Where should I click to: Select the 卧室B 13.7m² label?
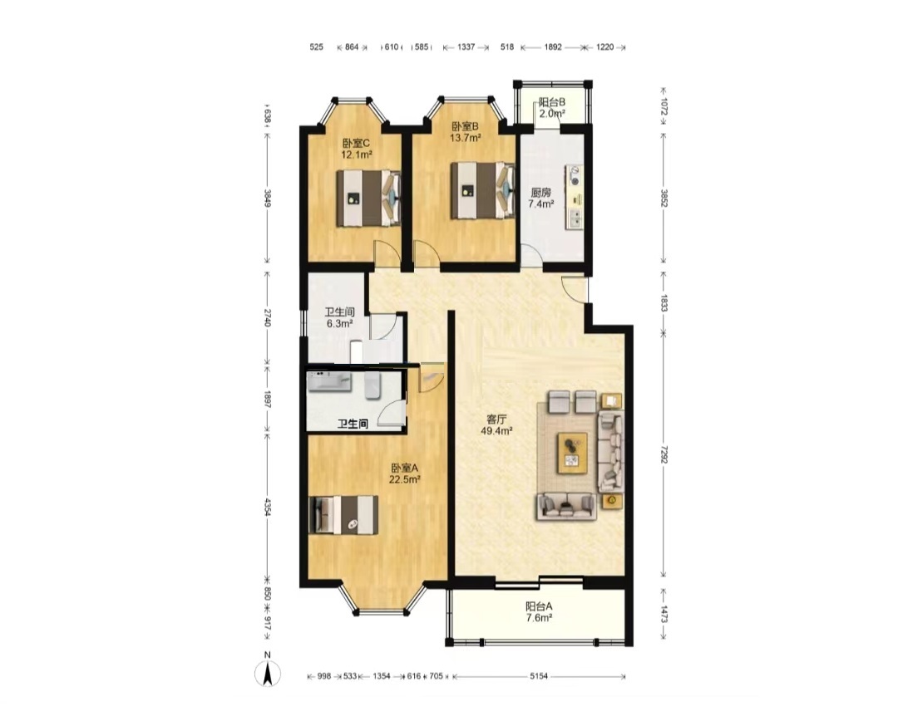tap(465, 131)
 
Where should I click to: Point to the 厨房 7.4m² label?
tap(540, 198)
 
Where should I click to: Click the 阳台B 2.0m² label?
tap(552, 107)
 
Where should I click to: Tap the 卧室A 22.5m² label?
tap(405, 473)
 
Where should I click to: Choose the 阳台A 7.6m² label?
tap(539, 612)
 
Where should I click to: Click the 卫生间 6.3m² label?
tap(339, 317)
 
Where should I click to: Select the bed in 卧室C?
tap(368, 199)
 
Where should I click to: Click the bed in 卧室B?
tap(482, 191)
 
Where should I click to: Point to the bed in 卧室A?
tap(343, 515)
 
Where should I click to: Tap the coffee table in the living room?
tap(572, 453)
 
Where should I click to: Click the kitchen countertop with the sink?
tap(574, 198)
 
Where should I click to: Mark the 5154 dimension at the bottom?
tap(538, 676)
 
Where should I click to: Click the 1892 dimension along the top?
tap(553, 47)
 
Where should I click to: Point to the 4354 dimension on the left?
tap(267, 507)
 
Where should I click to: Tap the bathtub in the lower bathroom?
tap(329, 381)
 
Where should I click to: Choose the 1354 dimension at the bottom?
tap(382, 676)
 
